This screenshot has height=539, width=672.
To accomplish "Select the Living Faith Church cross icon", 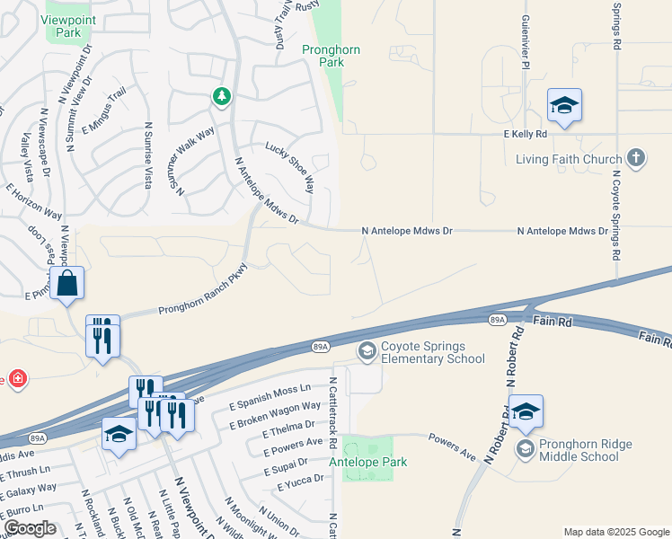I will (x=636, y=159).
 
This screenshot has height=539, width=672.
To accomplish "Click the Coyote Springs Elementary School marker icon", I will (x=367, y=351).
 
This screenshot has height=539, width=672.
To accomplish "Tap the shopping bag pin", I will (x=67, y=284).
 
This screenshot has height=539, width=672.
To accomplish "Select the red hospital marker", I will (x=18, y=379).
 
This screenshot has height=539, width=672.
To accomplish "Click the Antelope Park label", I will (x=368, y=462).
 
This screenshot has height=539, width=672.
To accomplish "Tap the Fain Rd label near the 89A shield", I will (x=552, y=321).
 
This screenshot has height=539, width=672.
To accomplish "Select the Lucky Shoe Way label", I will (x=289, y=166).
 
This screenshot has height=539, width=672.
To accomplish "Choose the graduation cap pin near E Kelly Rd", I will (x=564, y=107).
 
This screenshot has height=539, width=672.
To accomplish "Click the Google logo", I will (x=30, y=528).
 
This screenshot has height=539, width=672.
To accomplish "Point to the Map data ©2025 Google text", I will (x=615, y=532).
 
